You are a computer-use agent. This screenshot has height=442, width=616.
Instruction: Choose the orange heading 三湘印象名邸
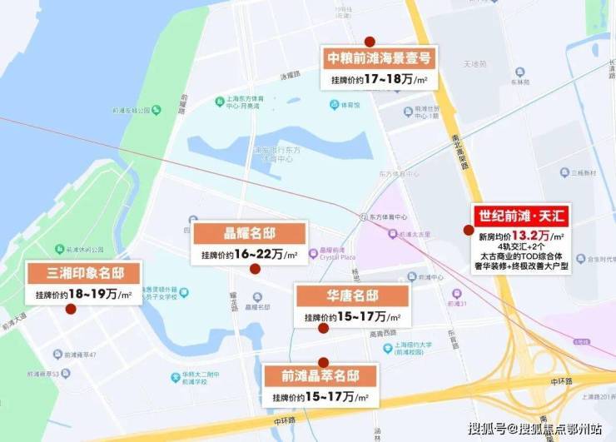click(x=85, y=273)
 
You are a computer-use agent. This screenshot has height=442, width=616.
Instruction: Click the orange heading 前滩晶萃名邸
click(x=321, y=375)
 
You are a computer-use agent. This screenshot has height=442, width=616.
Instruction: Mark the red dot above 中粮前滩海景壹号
click(x=370, y=41)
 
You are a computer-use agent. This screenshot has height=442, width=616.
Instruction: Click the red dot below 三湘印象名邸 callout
click(x=71, y=309)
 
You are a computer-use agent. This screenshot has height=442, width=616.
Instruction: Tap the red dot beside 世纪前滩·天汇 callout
click(x=469, y=230)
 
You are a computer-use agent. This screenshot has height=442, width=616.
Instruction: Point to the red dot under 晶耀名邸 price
click(x=256, y=269)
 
